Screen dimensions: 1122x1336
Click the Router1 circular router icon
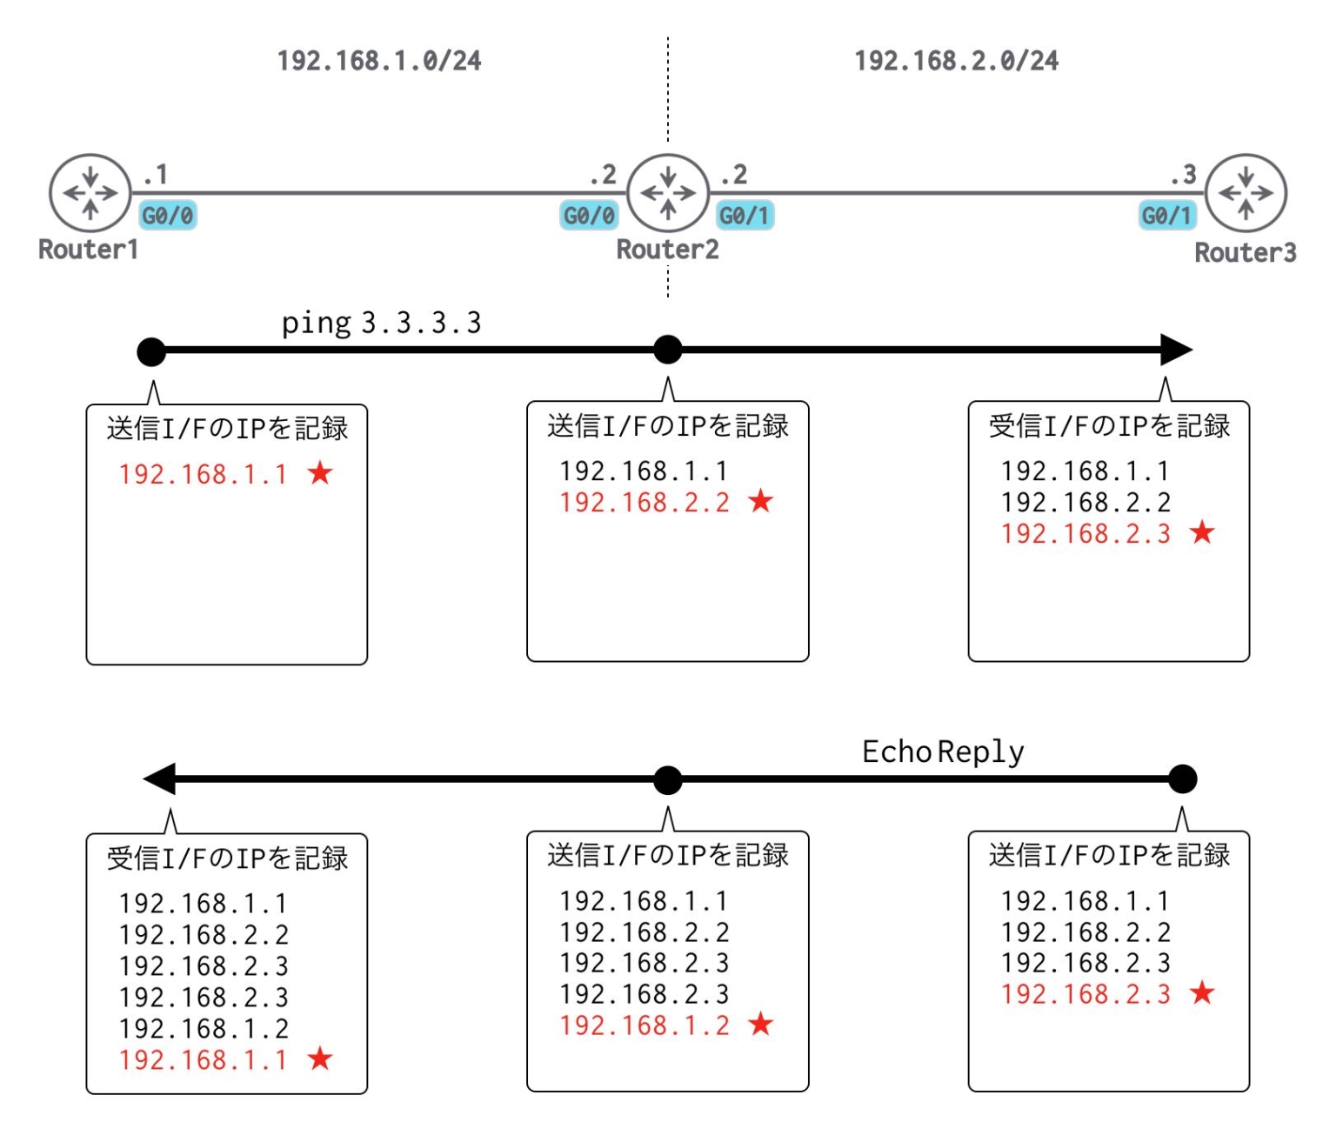pyautogui.click(x=90, y=193)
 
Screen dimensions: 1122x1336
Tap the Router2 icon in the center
pyautogui.click(x=667, y=193)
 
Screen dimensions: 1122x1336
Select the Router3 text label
pyautogui.click(x=1245, y=253)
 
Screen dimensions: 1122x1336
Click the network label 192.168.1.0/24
pyautogui.click(x=379, y=61)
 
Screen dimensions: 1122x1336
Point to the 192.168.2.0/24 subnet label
pyautogui.click(x=956, y=61)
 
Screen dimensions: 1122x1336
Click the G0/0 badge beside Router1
pyautogui.click(x=168, y=216)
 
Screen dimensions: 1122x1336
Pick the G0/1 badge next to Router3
pyautogui.click(x=1167, y=216)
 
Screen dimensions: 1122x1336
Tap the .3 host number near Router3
pyautogui.click(x=1184, y=175)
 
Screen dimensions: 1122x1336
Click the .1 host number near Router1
pyautogui.click(x=156, y=175)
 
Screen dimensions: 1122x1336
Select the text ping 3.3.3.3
pyautogui.click(x=381, y=324)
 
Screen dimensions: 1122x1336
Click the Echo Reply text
pyautogui.click(x=943, y=752)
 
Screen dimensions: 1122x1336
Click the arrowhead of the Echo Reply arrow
pyautogui.click(x=160, y=779)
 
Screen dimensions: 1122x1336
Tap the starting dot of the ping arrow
pyautogui.click(x=151, y=351)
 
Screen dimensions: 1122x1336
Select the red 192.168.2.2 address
pyautogui.click(x=645, y=503)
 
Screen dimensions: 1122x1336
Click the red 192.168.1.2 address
pyautogui.click(x=645, y=1025)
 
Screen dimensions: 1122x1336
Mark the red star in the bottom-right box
pyautogui.click(x=1202, y=992)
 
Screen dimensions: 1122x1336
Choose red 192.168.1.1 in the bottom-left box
pyautogui.click(x=203, y=1060)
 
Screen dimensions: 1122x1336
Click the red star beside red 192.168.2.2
pyautogui.click(x=761, y=501)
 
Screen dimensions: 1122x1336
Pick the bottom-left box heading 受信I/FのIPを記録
pyautogui.click(x=227, y=858)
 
